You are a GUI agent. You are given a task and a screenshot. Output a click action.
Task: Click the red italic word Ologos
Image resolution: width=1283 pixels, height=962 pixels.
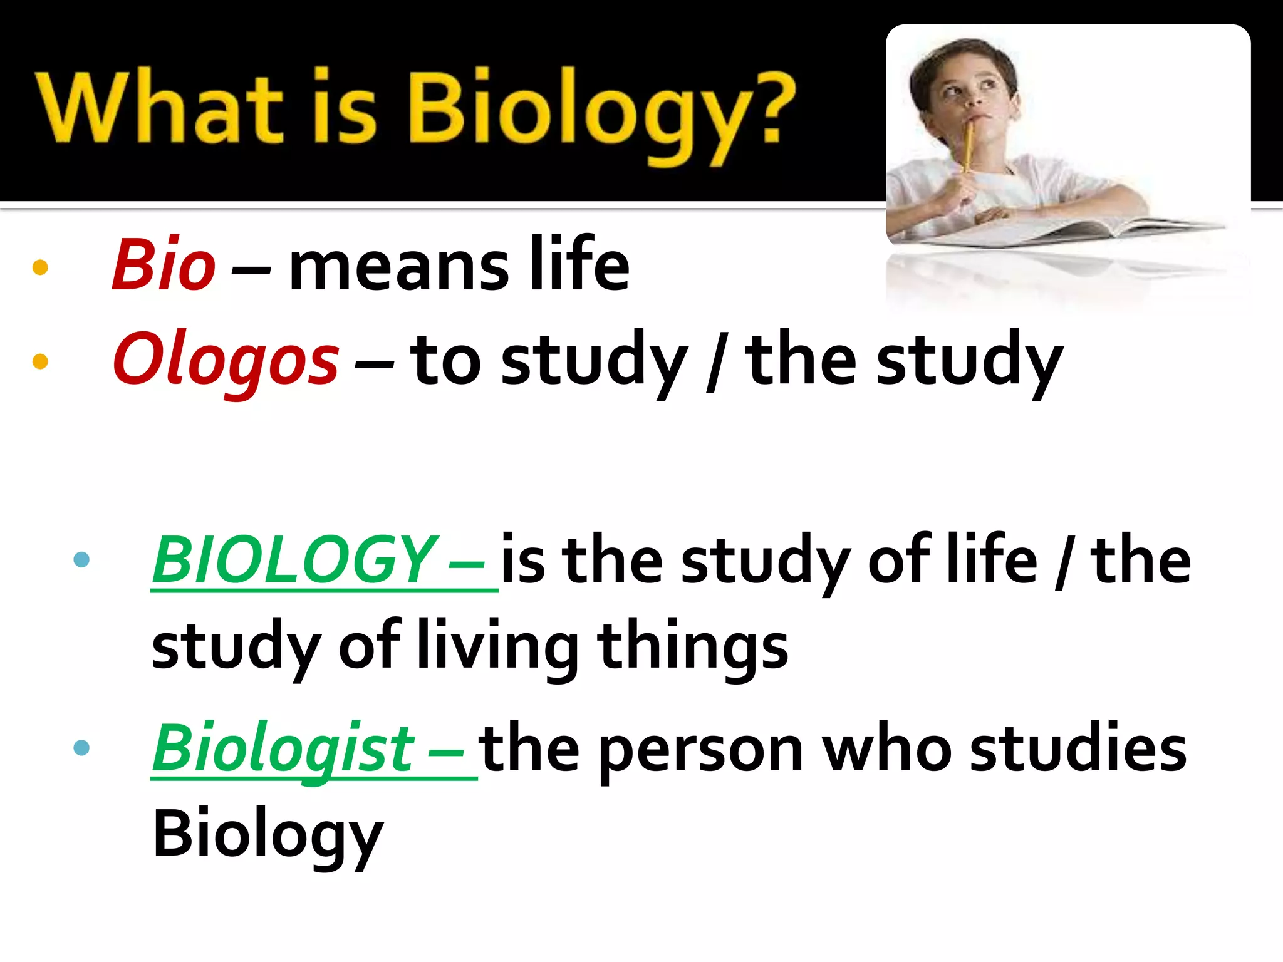pos(226,360)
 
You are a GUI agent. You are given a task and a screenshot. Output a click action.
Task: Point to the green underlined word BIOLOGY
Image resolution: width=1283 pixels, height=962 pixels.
pos(294,559)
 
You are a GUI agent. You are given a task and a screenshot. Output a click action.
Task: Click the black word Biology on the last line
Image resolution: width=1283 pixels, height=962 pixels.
pos(268,835)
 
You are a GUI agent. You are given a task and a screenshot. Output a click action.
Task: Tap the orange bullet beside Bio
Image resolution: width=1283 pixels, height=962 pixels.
pos(40,267)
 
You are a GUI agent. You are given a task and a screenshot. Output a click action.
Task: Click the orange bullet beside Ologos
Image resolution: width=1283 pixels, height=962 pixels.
pos(40,361)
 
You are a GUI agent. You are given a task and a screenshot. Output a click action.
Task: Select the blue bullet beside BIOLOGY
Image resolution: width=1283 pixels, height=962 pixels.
pos(81,559)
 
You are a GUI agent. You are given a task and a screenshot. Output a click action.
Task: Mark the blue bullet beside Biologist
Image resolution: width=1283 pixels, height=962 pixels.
pos(81,747)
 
